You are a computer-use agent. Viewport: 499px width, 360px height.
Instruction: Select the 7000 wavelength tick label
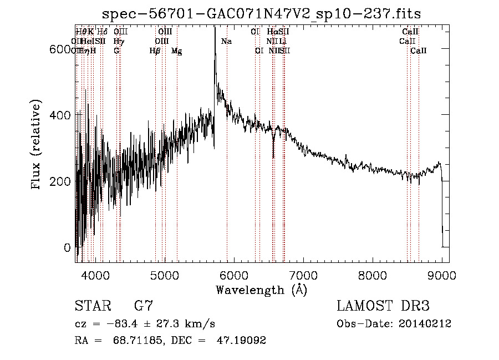pos(303,275)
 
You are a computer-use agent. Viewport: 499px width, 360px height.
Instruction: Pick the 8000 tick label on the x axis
pos(373,275)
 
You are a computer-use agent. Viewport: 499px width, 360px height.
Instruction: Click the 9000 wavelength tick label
pos(442,275)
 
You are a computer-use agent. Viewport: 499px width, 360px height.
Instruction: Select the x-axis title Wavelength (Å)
pos(262,290)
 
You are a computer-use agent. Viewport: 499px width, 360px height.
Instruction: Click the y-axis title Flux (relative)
pos(37,145)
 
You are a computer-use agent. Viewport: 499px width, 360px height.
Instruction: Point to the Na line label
pos(226,41)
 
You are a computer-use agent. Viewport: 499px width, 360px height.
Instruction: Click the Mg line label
pos(176,51)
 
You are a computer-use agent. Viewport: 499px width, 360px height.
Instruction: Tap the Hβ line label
pos(155,51)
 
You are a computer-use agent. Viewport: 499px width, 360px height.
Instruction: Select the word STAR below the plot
pos(92,306)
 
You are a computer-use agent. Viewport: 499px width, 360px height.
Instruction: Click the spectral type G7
pos(143,306)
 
